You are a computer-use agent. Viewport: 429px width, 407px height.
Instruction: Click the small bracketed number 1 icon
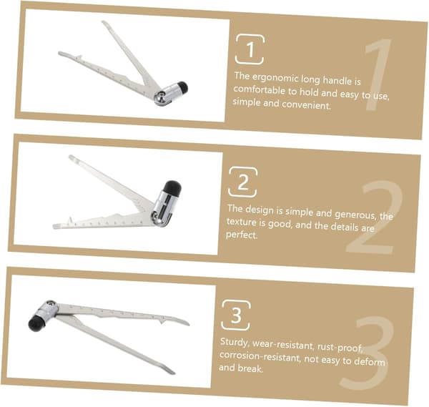tap(250, 49)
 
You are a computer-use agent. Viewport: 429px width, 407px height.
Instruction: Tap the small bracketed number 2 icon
tap(243, 182)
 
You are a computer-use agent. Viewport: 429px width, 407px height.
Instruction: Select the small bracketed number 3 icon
tap(236, 315)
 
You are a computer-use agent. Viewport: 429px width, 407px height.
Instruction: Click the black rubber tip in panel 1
tap(182, 87)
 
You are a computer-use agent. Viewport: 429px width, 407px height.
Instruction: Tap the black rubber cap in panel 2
tap(172, 188)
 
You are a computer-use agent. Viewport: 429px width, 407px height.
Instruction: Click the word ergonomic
tap(275, 78)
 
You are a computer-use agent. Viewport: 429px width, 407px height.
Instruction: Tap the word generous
tap(355, 214)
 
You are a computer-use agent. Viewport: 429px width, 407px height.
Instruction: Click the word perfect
tap(242, 235)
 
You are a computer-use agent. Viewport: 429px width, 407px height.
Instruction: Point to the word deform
tap(370, 361)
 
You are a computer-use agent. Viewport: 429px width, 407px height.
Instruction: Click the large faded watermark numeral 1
tap(378, 74)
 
